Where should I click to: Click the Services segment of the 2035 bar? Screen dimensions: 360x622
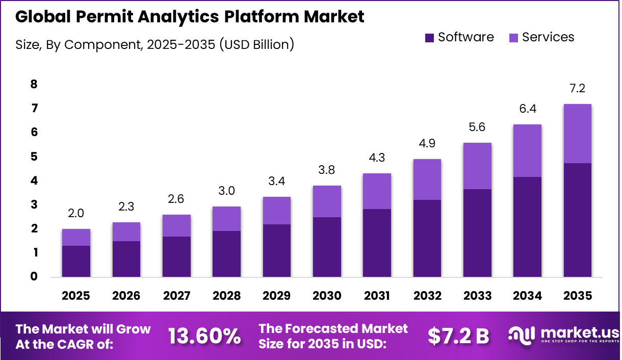577,134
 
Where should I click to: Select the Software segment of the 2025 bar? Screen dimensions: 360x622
76,261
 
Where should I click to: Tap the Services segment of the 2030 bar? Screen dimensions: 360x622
327,201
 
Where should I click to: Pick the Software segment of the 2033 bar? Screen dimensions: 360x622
477,233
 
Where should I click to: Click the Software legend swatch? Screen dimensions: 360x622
429,37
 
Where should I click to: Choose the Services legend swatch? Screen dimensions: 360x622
513,37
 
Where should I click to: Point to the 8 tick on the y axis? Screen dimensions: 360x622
34,84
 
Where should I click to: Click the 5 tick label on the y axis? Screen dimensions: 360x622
34,157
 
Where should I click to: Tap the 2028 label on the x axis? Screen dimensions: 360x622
226,296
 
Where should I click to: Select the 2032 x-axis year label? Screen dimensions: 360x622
427,296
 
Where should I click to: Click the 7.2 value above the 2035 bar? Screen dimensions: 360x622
577,89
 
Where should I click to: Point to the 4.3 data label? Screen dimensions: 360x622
377,159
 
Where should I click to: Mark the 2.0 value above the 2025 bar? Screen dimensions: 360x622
76,214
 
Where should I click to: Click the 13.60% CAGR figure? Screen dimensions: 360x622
204,336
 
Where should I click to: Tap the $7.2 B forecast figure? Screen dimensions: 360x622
458,336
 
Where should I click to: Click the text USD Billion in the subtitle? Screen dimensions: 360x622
256,44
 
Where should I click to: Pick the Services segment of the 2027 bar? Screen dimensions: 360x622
176,225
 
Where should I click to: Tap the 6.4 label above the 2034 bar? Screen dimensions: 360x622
527,109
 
